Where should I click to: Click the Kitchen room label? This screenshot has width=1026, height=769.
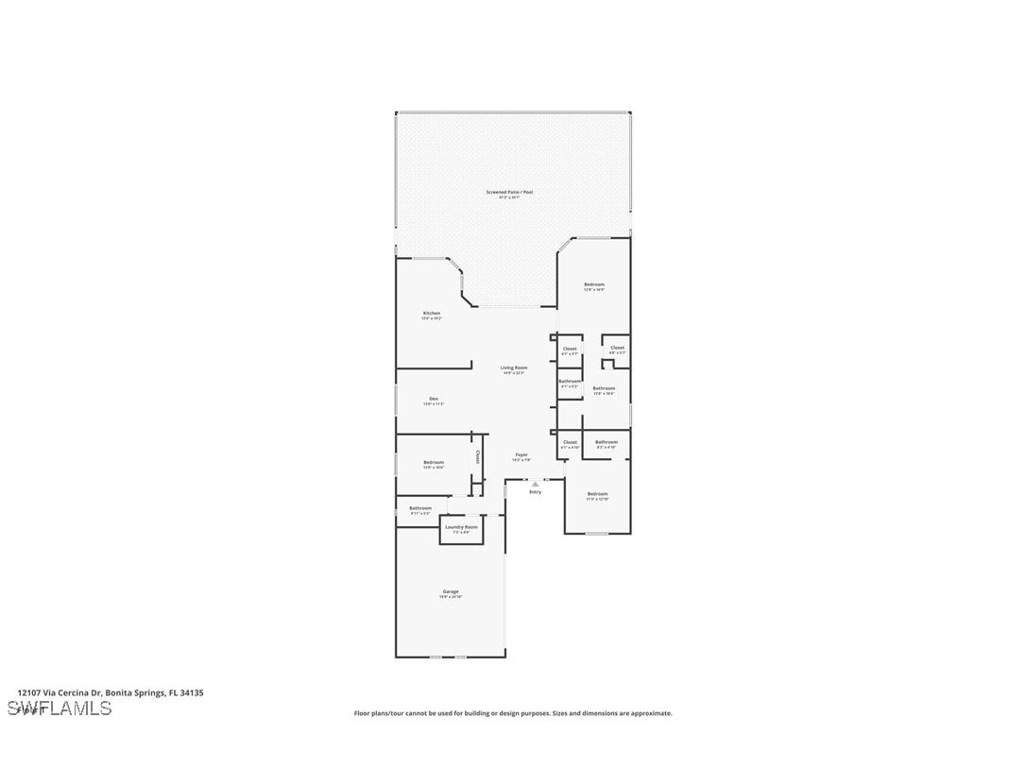tap(432, 314)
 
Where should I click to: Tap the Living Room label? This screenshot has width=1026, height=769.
tap(514, 367)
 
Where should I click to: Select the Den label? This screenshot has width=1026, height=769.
tap(434, 399)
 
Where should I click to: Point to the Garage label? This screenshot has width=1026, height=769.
tap(451, 591)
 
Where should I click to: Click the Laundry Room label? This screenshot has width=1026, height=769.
tap(461, 527)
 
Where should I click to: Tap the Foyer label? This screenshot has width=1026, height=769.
tap(522, 454)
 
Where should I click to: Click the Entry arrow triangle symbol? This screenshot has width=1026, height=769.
tap(536, 484)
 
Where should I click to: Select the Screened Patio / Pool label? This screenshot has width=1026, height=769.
tap(510, 193)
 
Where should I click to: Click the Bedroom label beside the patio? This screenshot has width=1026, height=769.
tap(594, 284)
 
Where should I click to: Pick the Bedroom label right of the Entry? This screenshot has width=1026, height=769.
tap(597, 494)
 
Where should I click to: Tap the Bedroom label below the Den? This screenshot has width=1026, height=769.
tap(434, 462)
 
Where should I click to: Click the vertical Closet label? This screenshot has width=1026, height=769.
tap(478, 457)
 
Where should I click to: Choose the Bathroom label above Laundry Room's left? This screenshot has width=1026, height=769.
tap(420, 508)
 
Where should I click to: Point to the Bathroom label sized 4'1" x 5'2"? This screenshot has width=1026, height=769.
tap(570, 382)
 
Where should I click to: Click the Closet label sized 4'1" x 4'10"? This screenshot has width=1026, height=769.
tap(570, 442)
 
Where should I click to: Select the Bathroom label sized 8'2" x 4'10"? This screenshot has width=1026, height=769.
tap(607, 442)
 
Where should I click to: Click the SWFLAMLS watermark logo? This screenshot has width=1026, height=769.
tap(59, 708)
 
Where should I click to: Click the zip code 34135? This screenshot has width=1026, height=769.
tap(192, 692)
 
